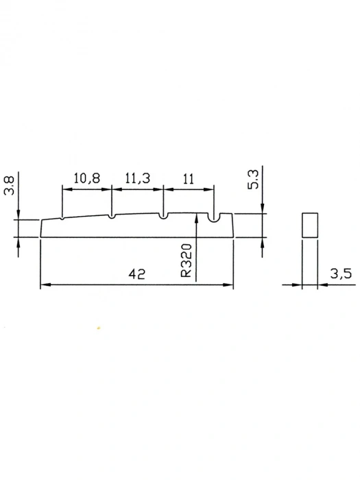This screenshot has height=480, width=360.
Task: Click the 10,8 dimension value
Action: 87,178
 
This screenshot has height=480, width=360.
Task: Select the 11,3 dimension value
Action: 137,178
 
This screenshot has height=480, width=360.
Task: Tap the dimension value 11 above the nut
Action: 189,179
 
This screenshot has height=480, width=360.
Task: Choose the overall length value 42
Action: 137,274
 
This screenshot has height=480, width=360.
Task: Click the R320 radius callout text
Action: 186,260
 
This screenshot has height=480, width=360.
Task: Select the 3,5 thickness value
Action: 341,274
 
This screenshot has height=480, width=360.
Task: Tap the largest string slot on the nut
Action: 214,217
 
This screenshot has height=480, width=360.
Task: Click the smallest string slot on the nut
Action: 62,219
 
